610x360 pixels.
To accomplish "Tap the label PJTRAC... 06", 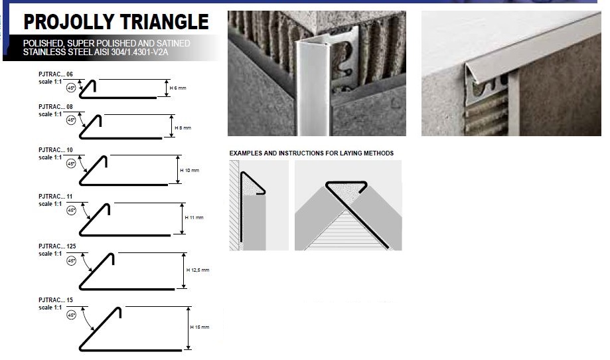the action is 56,74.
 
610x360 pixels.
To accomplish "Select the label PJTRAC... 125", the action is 57,246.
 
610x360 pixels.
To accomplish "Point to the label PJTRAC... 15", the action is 56,300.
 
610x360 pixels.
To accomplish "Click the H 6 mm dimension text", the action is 178,88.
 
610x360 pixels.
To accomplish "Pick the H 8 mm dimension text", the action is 183,128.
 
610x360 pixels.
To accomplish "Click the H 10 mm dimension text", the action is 189,170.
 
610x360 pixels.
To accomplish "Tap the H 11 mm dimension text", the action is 194,218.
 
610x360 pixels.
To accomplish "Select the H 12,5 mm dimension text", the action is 198,270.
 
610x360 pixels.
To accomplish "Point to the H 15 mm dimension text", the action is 200,327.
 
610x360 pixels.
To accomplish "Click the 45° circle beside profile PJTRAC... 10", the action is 71,164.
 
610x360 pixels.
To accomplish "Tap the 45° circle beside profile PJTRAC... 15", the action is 71,315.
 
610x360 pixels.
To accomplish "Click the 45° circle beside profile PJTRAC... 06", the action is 71,88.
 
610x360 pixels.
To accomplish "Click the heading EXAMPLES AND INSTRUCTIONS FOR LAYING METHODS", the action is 311,153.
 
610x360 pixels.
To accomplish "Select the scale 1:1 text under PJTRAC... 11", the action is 50,204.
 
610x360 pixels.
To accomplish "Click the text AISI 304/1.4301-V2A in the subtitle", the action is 131,52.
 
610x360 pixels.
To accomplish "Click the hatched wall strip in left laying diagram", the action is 234,205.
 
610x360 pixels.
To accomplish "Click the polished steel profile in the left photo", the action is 313,88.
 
